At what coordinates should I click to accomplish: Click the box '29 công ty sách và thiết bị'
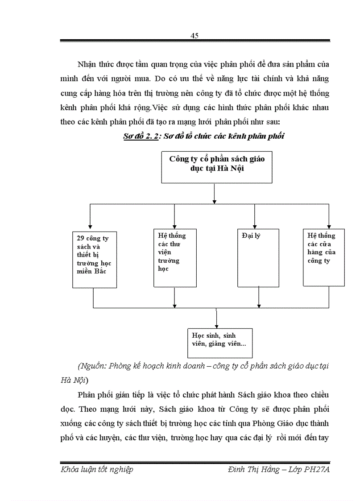(93, 259)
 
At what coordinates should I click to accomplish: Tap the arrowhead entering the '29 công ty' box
(91, 227)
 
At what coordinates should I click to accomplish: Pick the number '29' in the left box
(81, 238)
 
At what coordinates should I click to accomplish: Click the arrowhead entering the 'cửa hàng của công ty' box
(329, 227)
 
